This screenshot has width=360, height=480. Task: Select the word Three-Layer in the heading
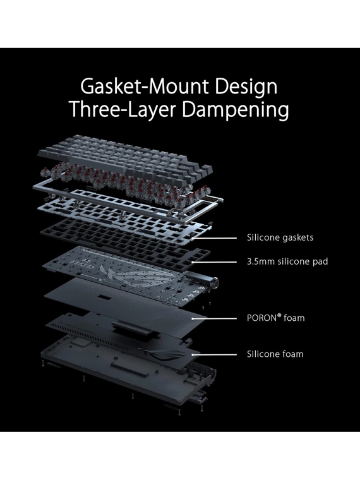123,109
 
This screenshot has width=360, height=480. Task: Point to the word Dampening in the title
235,110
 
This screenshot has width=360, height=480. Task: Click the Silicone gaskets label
280,237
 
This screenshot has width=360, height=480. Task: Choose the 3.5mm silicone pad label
287,261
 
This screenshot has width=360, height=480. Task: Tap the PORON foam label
276,318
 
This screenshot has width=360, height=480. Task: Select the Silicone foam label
275,354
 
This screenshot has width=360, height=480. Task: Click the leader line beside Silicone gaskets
215,238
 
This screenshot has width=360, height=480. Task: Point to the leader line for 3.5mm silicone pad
215,262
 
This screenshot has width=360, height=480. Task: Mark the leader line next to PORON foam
215,318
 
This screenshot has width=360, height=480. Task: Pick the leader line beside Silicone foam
215,355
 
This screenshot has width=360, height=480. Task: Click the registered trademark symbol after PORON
279,316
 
